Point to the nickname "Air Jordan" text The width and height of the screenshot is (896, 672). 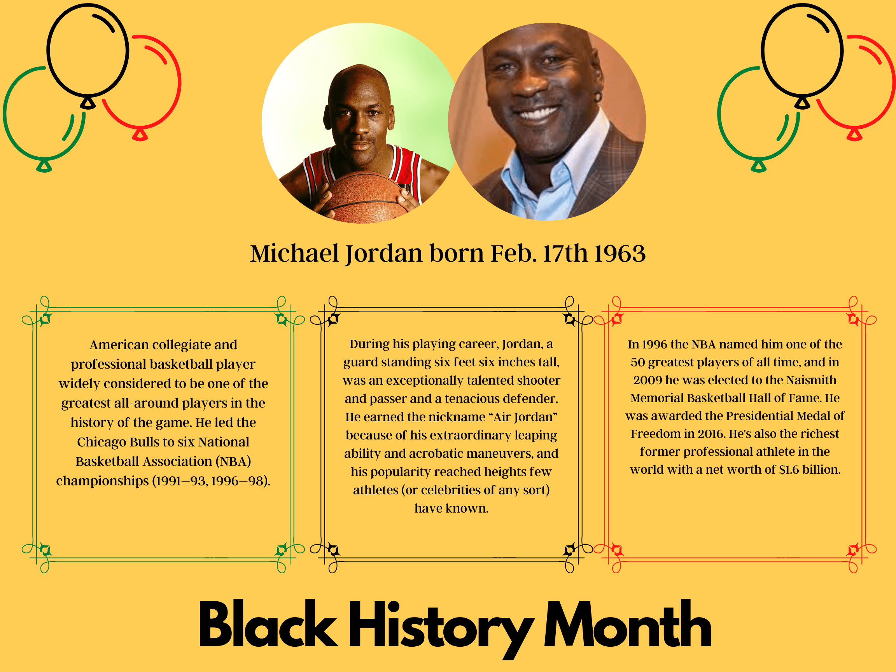tap(525, 417)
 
